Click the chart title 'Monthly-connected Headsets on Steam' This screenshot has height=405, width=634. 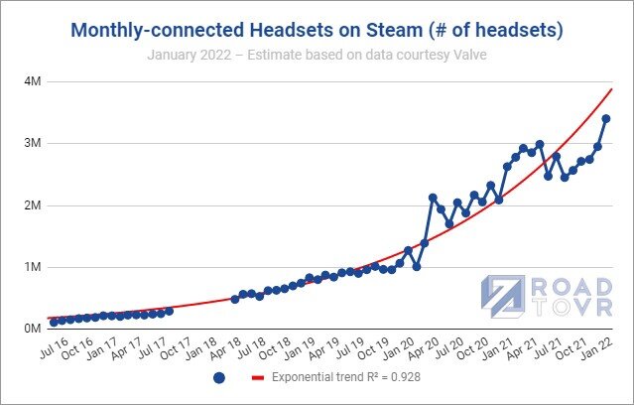(317, 31)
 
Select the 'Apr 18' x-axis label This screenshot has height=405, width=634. (227, 349)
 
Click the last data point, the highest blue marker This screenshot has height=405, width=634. (606, 119)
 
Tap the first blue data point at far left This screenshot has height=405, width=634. (54, 322)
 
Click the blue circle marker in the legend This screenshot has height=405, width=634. (219, 378)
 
